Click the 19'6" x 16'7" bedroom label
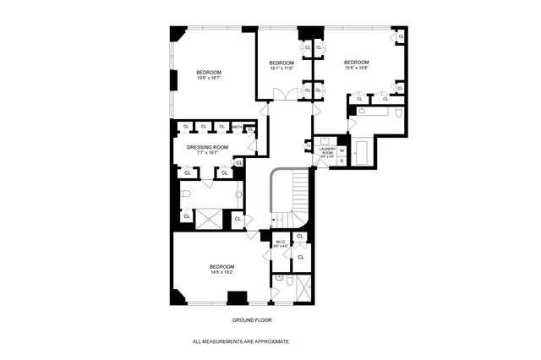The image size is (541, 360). pos(210,75)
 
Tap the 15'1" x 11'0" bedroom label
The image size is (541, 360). pos(281,66)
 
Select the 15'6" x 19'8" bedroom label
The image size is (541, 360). pos(357,65)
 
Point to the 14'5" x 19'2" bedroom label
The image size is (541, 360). pos(222,270)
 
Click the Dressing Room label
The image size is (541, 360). pos(207,150)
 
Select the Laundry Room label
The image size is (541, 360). pos(327,152)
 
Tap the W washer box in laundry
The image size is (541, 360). pos(342,150)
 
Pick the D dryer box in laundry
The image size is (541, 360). pos(342,161)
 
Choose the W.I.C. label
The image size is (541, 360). pos(281,243)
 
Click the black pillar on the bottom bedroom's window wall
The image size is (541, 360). pos(238,297)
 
